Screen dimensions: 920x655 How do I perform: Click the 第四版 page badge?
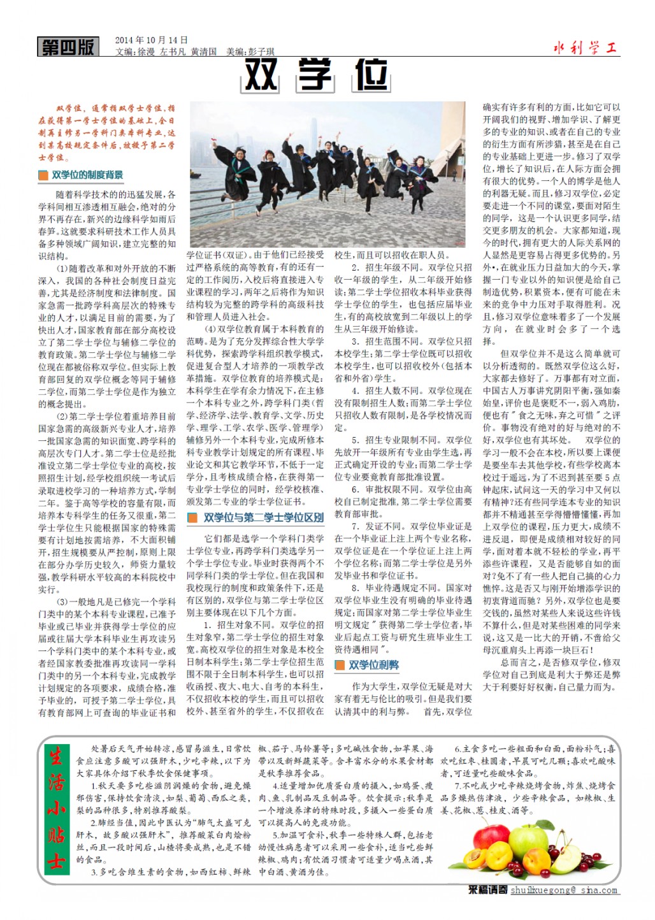pos(68,47)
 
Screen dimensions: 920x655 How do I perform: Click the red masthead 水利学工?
pos(586,48)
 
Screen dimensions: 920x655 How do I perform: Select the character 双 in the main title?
pos(261,76)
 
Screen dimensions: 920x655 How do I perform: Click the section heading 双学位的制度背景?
pos(87,175)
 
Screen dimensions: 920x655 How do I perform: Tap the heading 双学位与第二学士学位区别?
pos(263,518)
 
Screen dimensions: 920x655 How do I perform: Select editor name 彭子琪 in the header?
pos(261,52)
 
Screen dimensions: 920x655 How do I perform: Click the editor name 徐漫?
pos(146,52)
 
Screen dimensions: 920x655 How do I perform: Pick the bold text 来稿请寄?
pos(487,891)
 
